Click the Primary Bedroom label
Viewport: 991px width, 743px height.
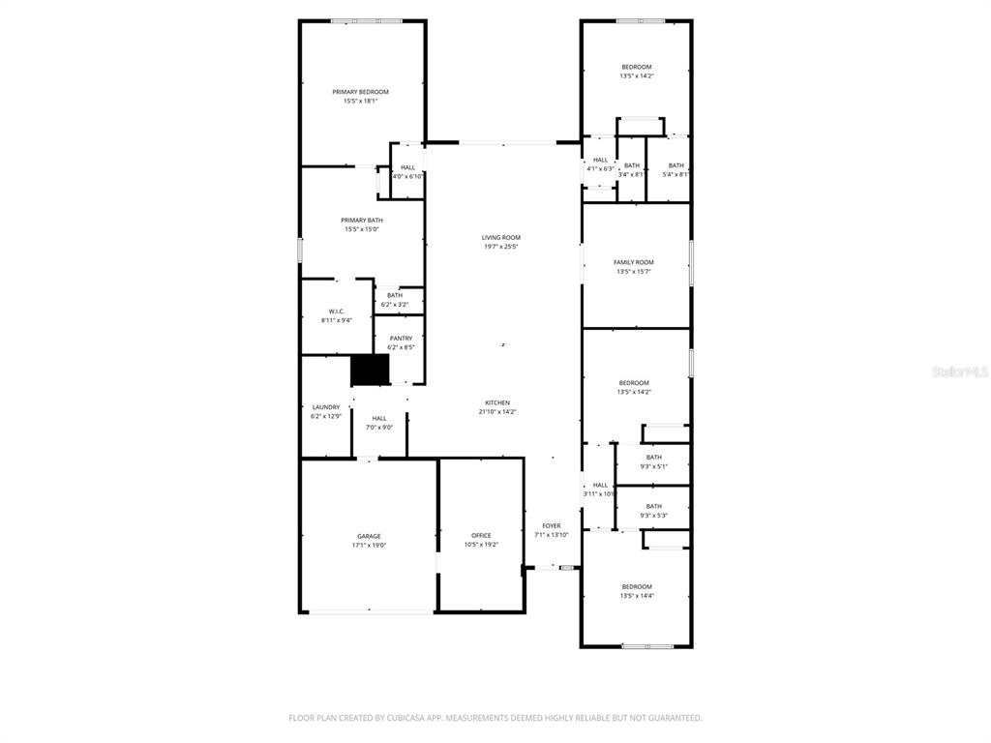click(x=360, y=92)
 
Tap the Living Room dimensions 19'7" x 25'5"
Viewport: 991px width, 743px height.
click(x=501, y=247)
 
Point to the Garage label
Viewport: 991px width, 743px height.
click(x=369, y=536)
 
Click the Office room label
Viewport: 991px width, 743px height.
click(x=481, y=535)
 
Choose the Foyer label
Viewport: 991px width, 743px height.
click(x=552, y=526)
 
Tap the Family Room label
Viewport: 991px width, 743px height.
click(x=634, y=262)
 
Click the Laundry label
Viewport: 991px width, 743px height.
click(x=326, y=407)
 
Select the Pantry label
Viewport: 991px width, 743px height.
click(x=401, y=339)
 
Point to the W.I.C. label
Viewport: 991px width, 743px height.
click(x=337, y=312)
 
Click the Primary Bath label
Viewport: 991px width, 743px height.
click(x=361, y=221)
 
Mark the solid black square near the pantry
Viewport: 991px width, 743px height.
click(x=370, y=369)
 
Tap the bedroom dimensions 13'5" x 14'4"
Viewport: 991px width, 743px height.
click(x=636, y=596)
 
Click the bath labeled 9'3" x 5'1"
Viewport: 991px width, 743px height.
click(x=654, y=461)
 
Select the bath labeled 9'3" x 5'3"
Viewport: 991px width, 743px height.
click(x=654, y=511)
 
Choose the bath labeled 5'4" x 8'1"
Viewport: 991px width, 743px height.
click(x=676, y=170)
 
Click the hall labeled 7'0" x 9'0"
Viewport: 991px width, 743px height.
click(x=378, y=423)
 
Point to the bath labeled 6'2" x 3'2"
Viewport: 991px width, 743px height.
click(x=395, y=300)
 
